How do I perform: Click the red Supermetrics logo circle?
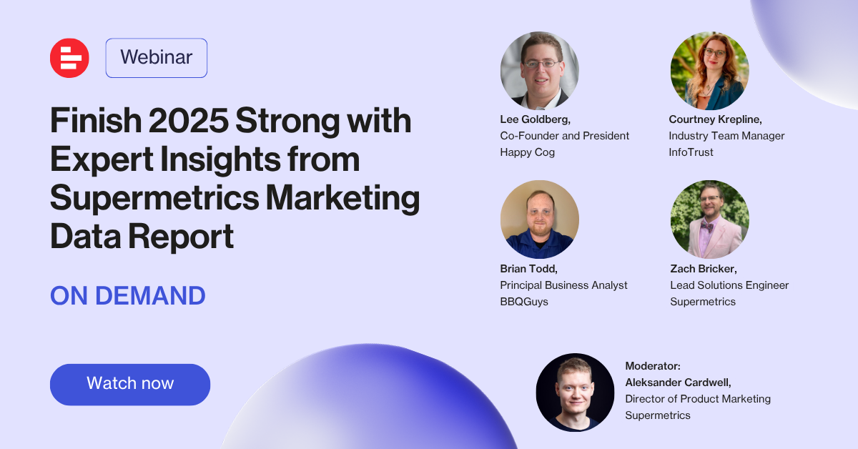pos(69,58)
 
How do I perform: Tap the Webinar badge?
pos(157,58)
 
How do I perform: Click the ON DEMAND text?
pos(127,296)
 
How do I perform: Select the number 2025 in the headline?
pos(189,120)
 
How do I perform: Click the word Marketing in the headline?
pos(342,198)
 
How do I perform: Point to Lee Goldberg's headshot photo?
pos(539,71)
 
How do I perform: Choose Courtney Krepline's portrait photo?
pos(709,71)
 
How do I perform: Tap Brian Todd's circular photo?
pos(539,219)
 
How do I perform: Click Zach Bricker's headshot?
pos(709,219)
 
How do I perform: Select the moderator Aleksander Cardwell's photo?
pos(575,393)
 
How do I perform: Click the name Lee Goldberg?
pos(535,119)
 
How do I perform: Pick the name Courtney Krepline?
pos(715,119)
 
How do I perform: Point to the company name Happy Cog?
pos(527,152)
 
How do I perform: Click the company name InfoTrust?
pos(691,152)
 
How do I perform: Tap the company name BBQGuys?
pos(523,302)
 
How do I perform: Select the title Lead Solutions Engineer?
pos(729,285)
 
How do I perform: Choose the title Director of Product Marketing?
pos(698,399)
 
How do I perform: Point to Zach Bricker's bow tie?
pos(706,226)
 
